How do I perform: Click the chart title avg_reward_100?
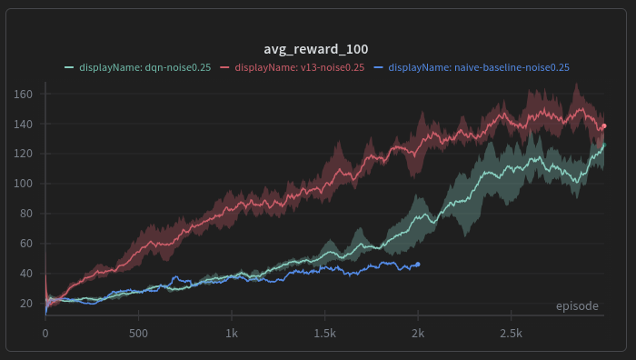316,48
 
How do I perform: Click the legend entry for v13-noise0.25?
299,67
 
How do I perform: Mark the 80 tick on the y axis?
27,214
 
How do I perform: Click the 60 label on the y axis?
27,244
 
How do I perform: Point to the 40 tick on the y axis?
27,274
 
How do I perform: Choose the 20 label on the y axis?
27,304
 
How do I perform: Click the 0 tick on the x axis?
45,334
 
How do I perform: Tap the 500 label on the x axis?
138,334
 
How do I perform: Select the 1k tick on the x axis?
232,334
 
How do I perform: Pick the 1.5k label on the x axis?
324,334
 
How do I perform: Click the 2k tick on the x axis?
418,334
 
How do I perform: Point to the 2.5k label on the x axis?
511,334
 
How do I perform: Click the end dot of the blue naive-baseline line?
418,265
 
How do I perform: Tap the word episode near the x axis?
577,306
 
